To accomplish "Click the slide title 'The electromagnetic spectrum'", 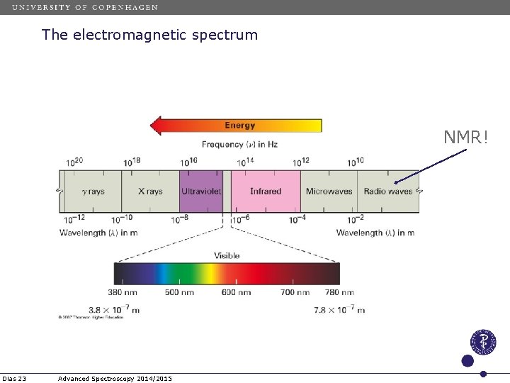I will point(149,34).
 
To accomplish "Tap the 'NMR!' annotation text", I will point(466,137).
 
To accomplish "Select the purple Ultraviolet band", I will point(201,191).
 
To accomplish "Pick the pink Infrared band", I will point(266,191).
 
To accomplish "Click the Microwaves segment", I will point(329,191).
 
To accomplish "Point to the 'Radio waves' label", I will point(387,191).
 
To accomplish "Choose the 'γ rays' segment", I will point(93,191).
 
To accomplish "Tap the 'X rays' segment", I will point(150,191).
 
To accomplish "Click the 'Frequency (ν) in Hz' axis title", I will point(239,144).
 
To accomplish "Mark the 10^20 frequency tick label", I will point(74,162).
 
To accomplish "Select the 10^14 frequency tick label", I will point(245,162).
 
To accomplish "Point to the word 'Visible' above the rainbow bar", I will point(227,255).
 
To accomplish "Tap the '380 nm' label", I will point(123,292).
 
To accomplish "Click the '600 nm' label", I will point(236,292).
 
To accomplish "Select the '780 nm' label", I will point(339,292).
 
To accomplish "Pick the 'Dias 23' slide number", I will point(14,379).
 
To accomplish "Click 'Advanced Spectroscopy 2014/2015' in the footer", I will point(115,379).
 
